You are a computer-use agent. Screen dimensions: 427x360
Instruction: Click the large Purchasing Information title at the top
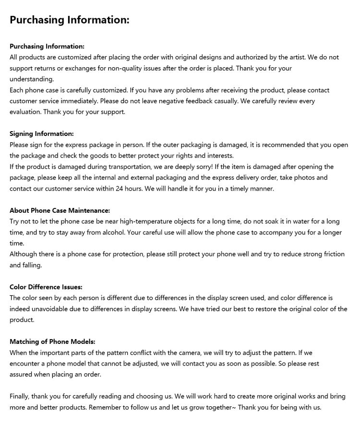point(70,20)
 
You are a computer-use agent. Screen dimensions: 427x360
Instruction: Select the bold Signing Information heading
point(42,134)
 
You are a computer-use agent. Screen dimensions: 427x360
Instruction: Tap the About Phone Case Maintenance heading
point(60,210)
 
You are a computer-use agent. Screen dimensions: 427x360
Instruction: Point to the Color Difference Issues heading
point(46,287)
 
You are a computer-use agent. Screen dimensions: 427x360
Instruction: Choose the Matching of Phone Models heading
point(52,342)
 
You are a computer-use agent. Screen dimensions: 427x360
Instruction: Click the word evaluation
point(25,112)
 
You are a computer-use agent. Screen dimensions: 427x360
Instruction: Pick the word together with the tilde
point(216,407)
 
